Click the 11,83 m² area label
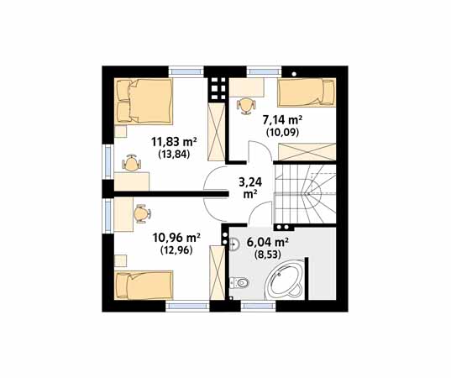pyautogui.click(x=174, y=142)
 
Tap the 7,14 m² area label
pyautogui.click(x=282, y=119)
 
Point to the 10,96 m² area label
pyautogui.click(x=176, y=238)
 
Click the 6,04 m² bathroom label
pyautogui.click(x=268, y=243)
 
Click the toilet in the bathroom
pyautogui.click(x=239, y=282)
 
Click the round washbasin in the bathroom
pyautogui.click(x=234, y=244)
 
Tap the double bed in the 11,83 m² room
pyautogui.click(x=144, y=102)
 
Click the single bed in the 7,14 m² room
pyautogui.click(x=307, y=92)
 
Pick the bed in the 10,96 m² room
pyautogui.click(x=144, y=285)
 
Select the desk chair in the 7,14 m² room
pyautogui.click(x=246, y=106)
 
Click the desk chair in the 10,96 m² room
pyautogui.click(x=142, y=213)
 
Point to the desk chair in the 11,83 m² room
pyautogui.click(x=132, y=163)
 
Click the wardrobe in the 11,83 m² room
pyautogui.click(x=217, y=132)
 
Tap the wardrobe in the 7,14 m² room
pyautogui.click(x=307, y=151)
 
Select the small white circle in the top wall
pyautogui.click(x=294, y=74)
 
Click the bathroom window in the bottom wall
pyautogui.click(x=258, y=306)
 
